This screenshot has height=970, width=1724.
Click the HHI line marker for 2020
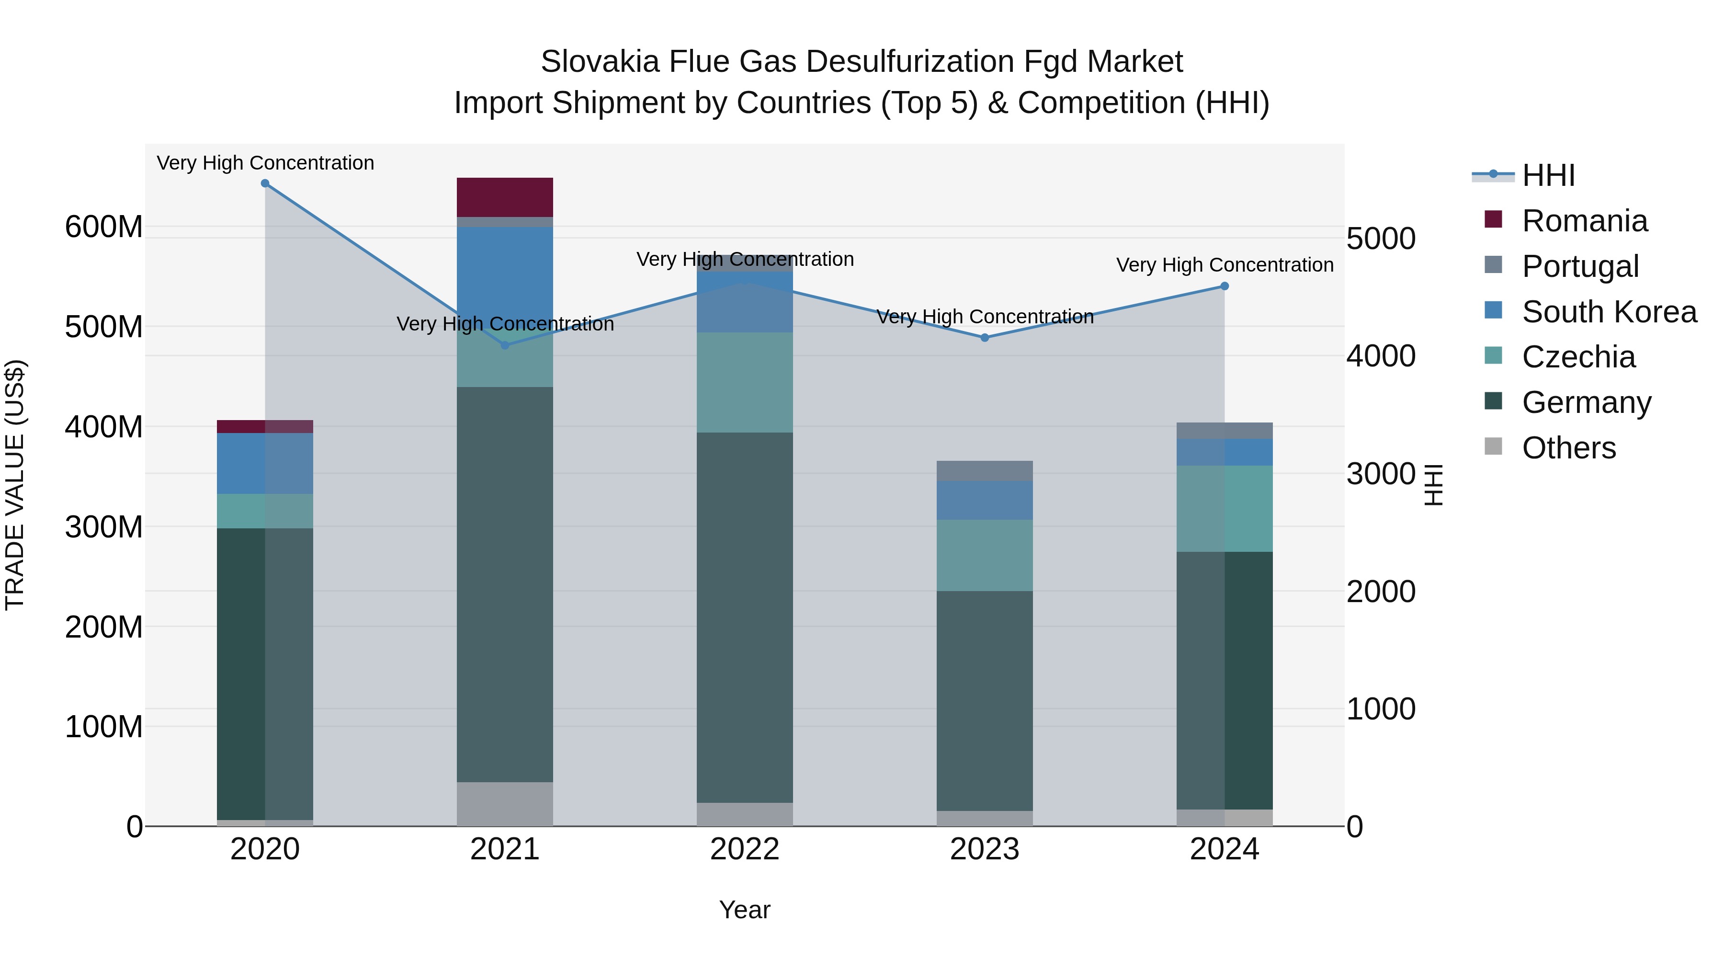pos(265,183)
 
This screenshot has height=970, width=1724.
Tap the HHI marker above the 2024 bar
pos(1225,286)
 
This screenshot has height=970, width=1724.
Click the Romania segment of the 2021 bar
pos(505,197)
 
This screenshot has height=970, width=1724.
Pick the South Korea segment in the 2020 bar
pos(265,463)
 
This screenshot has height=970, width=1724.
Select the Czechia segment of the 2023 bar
pos(985,555)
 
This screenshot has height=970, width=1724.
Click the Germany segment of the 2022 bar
pos(745,617)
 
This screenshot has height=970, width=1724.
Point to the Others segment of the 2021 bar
pos(505,803)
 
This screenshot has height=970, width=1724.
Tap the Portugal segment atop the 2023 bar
pos(985,470)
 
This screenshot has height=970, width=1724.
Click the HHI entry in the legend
pos(1548,175)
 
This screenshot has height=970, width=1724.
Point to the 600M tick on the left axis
pos(104,227)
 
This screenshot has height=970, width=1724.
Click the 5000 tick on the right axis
pos(1381,239)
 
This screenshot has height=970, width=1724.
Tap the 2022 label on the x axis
pos(745,849)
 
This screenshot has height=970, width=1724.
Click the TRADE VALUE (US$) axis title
pos(15,485)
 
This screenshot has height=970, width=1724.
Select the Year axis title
pos(745,910)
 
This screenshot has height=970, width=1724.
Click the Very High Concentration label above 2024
pos(1225,265)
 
